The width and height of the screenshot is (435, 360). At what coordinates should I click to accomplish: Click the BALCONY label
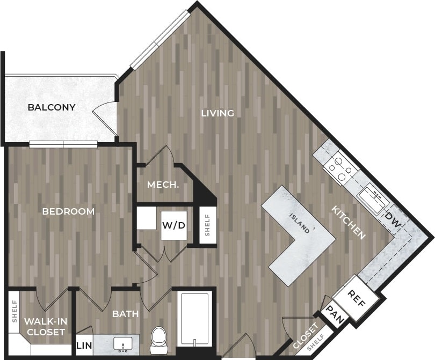(52, 107)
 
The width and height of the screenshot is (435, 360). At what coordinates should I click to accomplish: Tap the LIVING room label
(218, 113)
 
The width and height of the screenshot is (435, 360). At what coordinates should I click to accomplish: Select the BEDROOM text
(68, 211)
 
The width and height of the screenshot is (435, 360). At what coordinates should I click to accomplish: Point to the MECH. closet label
(163, 185)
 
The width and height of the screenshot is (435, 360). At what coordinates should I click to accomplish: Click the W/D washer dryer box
(174, 225)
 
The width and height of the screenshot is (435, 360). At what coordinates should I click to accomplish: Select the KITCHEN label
(348, 222)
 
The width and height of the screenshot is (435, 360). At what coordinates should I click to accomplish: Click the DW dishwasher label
(392, 219)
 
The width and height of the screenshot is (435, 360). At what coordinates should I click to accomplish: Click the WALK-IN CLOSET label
(46, 326)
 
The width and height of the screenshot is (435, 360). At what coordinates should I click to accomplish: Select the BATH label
(126, 314)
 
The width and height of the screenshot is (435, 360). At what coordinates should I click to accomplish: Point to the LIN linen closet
(83, 346)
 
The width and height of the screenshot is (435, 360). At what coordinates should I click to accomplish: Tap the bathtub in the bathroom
(193, 319)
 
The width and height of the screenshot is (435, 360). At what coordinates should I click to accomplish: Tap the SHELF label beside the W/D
(208, 225)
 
